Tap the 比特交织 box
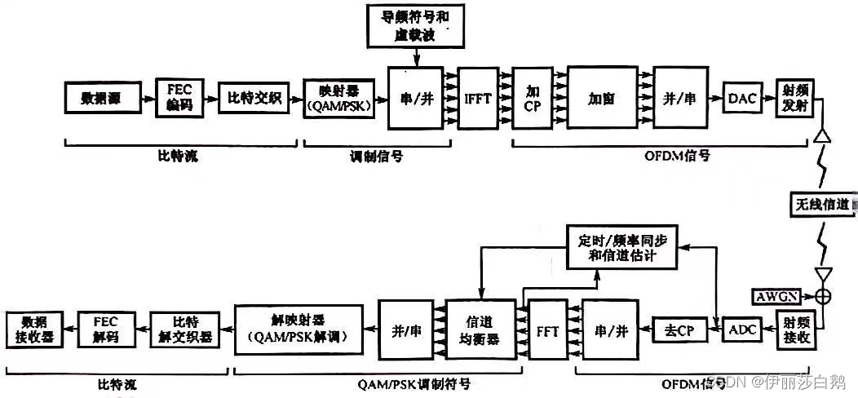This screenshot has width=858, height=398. click(253, 99)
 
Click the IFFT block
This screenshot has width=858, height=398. click(476, 98)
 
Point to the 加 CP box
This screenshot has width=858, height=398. click(533, 98)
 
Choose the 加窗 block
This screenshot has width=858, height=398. click(601, 98)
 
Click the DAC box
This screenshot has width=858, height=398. click(742, 99)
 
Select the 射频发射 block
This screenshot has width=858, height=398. click(796, 99)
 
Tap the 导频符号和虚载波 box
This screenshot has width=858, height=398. click(416, 27)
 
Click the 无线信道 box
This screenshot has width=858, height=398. click(822, 203)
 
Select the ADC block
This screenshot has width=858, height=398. click(741, 329)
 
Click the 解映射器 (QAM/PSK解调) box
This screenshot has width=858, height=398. click(298, 329)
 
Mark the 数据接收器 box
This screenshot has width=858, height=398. click(34, 329)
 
